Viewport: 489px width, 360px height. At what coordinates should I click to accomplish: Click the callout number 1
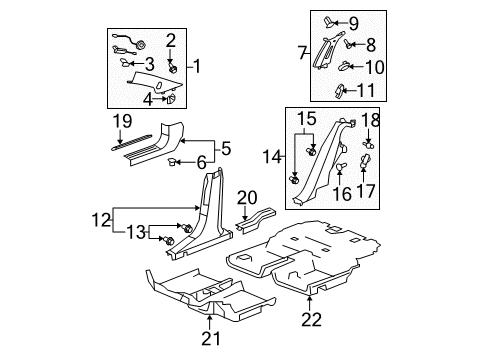[197, 67]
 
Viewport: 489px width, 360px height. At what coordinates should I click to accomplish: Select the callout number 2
[171, 40]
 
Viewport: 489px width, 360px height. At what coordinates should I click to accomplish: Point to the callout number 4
[147, 99]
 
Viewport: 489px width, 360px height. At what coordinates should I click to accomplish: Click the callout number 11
[368, 91]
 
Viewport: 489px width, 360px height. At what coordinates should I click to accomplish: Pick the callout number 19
[122, 122]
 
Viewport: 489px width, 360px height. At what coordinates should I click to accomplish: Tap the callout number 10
[375, 68]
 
